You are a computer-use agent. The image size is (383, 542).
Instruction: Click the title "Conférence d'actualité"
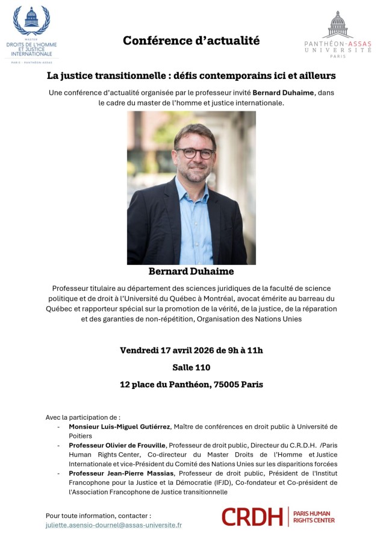[191, 41]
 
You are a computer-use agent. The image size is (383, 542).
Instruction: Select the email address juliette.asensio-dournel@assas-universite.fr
[114, 525]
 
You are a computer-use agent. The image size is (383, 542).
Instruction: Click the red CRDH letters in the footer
[252, 517]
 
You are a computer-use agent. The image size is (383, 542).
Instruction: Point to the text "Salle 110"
[191, 367]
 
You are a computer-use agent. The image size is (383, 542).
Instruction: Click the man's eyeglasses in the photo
[195, 153]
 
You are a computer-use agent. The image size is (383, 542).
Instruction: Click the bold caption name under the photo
[191, 272]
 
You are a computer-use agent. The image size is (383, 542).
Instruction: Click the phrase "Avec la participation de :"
[83, 417]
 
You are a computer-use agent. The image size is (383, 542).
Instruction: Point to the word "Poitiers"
[81, 436]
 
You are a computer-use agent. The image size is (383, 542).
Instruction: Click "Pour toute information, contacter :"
[98, 516]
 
